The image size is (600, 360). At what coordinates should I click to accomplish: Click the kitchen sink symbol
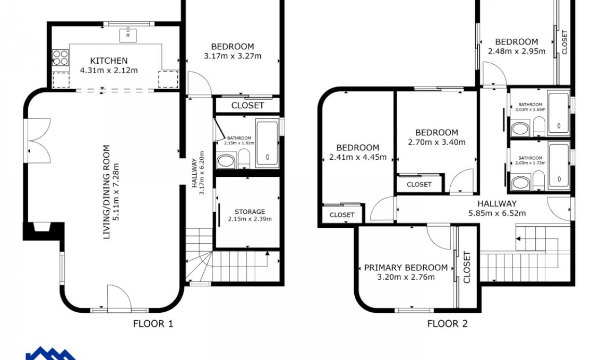coord(128,35)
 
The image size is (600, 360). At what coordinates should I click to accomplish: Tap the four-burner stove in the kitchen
coord(61,58)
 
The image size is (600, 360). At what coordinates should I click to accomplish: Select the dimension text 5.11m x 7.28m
coord(116,192)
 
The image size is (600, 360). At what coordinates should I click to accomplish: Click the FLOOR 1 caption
coord(153,324)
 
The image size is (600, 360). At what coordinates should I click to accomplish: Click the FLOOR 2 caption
coord(447,324)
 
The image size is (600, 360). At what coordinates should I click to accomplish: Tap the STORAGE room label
coord(250,211)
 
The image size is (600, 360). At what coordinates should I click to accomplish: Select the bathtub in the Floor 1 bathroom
coord(267,143)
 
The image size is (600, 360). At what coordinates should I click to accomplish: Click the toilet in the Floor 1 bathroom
coord(244,158)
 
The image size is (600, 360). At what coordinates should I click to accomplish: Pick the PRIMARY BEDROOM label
coord(406,268)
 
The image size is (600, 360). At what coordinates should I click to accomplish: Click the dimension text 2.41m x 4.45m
coord(358,157)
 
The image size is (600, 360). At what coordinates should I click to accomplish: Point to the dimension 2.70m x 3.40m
coord(436,142)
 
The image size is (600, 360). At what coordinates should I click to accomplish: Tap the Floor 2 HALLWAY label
coord(496,203)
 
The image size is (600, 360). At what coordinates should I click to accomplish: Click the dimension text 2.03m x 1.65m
coord(530,109)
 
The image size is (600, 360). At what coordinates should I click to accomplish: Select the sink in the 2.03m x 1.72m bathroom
coord(520,182)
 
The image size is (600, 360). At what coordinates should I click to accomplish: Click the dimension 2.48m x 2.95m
coord(517,52)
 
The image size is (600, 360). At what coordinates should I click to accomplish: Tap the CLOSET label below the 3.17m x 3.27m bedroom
coord(247,106)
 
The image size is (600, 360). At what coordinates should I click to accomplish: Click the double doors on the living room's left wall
coord(39,141)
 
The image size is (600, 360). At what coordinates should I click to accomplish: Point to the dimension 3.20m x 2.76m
coord(406,277)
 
